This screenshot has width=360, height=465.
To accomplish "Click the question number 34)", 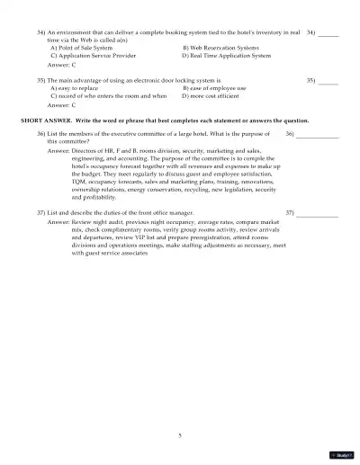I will coord(41,31).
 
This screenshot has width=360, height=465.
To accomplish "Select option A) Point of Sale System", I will coord(82,47).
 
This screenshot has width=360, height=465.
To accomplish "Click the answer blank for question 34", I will coord(328,33).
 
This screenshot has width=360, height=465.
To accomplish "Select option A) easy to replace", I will coord(74,88).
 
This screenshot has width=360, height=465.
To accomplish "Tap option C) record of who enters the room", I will coord(109,95).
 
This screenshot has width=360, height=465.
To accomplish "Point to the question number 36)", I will coord(41,133).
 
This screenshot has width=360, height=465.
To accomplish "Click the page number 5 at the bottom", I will coord(180,435).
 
